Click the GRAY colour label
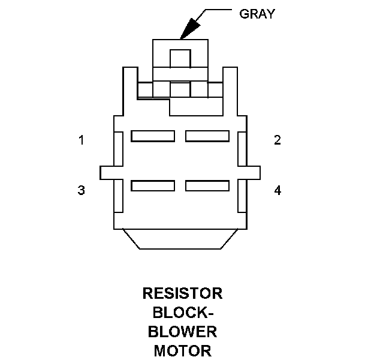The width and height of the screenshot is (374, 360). pyautogui.click(x=257, y=14)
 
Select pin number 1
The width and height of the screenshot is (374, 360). pyautogui.click(x=81, y=140)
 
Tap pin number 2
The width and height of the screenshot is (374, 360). pyautogui.click(x=277, y=140)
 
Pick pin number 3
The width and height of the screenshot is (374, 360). pyautogui.click(x=81, y=191)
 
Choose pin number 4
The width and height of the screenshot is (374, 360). pyautogui.click(x=277, y=191)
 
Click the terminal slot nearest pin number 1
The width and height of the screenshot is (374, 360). pyautogui.click(x=153, y=136)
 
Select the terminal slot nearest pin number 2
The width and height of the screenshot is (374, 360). pyautogui.click(x=207, y=136)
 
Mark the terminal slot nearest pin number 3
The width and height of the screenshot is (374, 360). pyautogui.click(x=153, y=186)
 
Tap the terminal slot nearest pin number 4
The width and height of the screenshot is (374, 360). pyautogui.click(x=207, y=186)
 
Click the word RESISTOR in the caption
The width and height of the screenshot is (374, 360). pyautogui.click(x=182, y=293)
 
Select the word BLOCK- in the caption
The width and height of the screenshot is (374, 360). pyautogui.click(x=182, y=313)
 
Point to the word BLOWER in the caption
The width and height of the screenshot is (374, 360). pyautogui.click(x=182, y=332)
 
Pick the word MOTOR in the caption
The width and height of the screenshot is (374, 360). pyautogui.click(x=182, y=350)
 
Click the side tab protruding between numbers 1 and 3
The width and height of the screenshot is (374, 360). pyautogui.click(x=107, y=172)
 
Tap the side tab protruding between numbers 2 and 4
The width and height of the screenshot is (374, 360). pyautogui.click(x=253, y=172)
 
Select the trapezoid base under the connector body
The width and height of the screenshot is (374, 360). pyautogui.click(x=180, y=238)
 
